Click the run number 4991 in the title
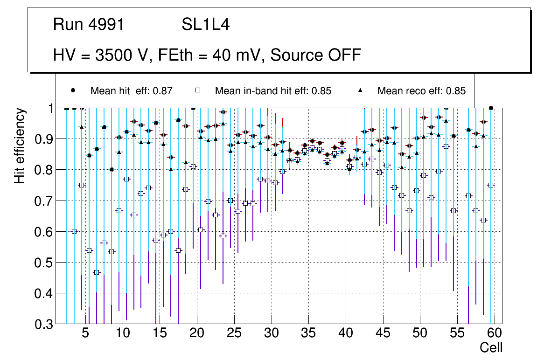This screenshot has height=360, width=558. point(107,25)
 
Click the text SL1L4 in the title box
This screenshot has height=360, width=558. point(206,25)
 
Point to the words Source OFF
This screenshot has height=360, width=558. point(316,55)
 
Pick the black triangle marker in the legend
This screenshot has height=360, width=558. point(360,90)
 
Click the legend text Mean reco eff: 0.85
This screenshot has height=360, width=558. point(421,91)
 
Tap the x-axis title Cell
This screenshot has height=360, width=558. point(491,347)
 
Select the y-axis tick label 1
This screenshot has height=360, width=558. point(50,108)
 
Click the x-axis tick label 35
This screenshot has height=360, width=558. point(308,333)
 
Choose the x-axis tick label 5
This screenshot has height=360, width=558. point(85,333)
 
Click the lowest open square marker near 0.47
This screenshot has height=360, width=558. point(97,272)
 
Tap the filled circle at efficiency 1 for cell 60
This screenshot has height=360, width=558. point(491,108)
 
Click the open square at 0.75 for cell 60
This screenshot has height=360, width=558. point(491,185)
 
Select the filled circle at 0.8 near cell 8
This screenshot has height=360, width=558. point(112,170)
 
